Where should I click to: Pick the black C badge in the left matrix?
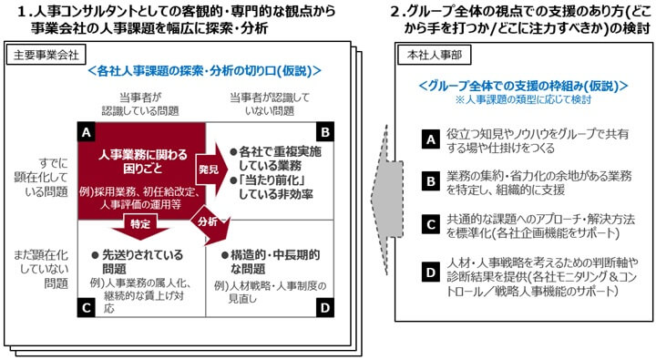[84, 309]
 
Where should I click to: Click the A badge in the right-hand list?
[433, 139]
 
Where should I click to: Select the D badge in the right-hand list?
[433, 273]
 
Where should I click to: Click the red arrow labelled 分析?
[208, 225]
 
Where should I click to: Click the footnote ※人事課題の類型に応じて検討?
[522, 98]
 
